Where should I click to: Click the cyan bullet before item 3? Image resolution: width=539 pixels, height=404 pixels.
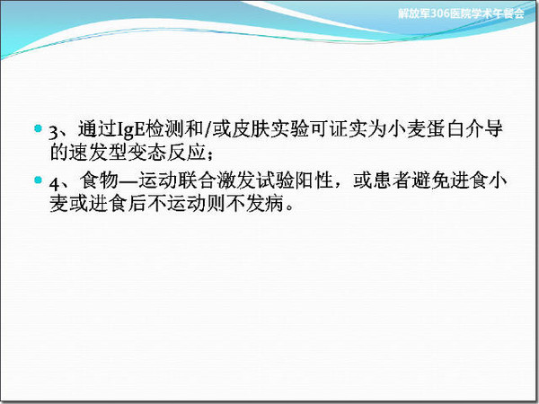[38, 128]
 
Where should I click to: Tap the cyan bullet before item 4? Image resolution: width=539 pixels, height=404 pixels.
[38, 180]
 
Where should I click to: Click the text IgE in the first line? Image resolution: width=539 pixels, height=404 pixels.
[132, 130]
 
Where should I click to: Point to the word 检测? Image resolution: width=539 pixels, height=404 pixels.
[165, 129]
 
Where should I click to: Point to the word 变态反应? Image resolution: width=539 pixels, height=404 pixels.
[167, 153]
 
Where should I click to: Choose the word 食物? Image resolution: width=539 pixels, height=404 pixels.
[99, 180]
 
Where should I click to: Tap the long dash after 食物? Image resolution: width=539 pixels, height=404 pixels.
[128, 181]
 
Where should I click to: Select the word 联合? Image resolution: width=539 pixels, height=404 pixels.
[196, 180]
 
